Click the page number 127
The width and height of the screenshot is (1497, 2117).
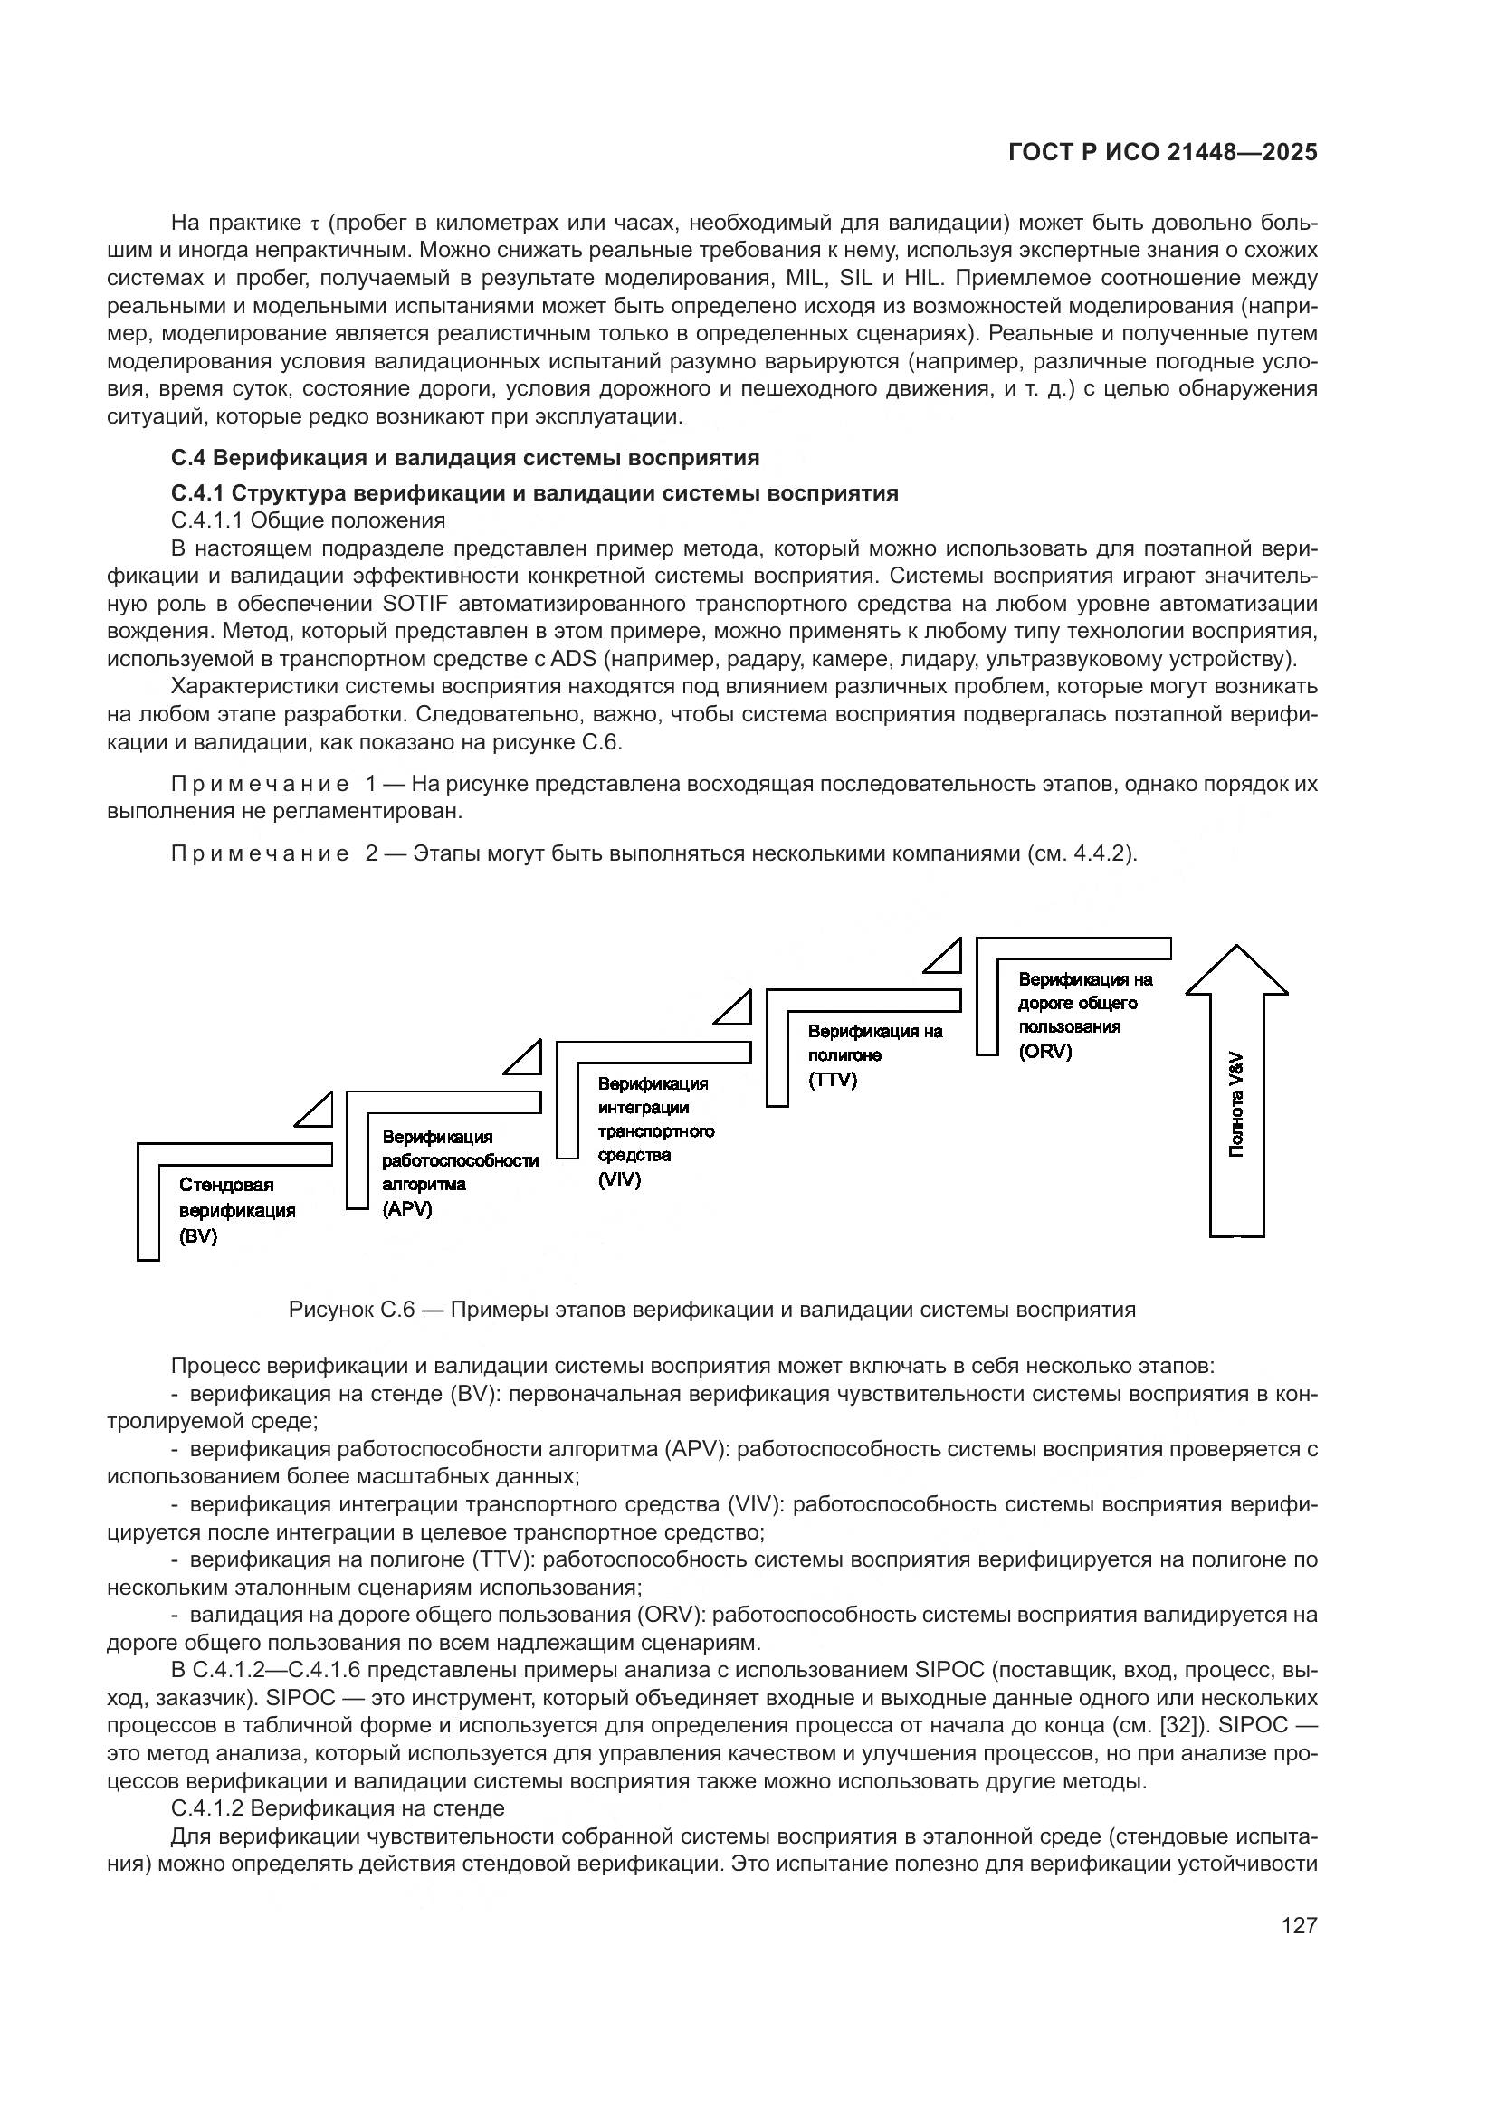(x=1299, y=1925)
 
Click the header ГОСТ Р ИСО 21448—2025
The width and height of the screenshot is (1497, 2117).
(x=1162, y=153)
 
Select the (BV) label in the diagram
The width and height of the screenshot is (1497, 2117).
(x=198, y=1236)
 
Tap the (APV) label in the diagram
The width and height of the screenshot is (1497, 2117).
(x=406, y=1209)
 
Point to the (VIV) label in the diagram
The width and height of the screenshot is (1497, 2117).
(x=618, y=1179)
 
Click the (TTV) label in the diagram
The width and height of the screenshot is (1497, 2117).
(x=833, y=1080)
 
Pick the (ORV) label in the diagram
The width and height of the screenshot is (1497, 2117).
(x=1045, y=1051)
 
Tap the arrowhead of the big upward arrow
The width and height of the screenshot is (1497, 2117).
(x=1236, y=973)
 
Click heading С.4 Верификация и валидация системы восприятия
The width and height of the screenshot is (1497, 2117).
(x=464, y=458)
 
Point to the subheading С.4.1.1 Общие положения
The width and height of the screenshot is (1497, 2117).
(x=308, y=521)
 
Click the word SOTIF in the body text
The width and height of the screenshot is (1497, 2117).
(x=414, y=605)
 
